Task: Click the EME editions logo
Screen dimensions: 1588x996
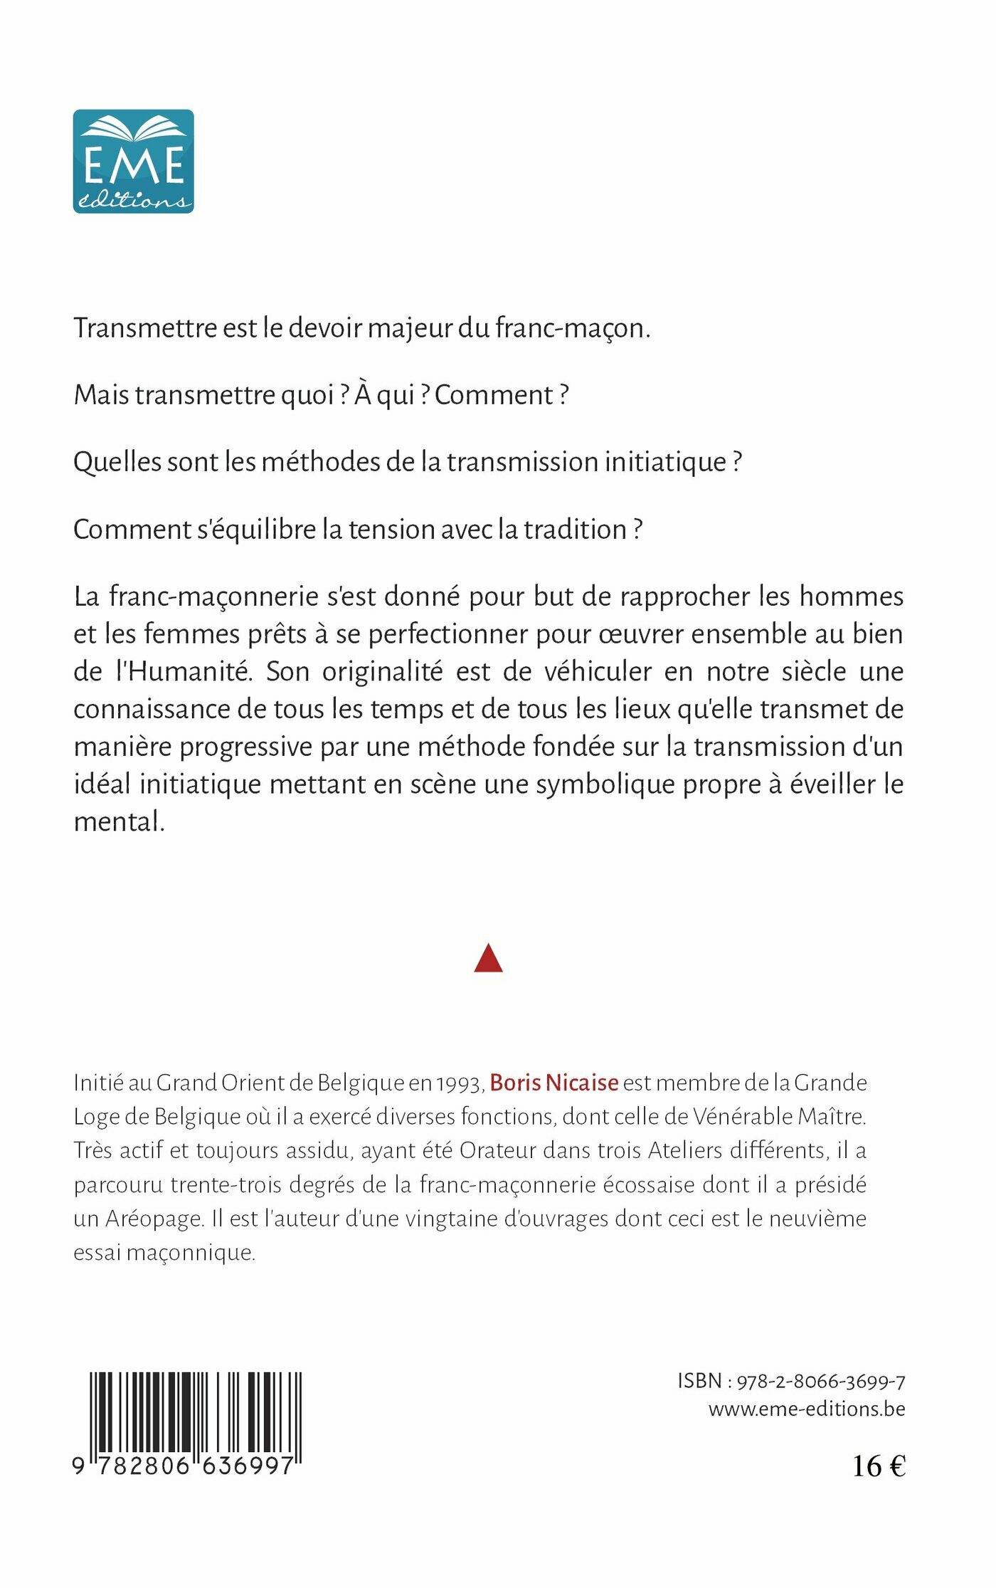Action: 133,161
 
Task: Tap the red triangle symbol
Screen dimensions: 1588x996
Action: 488,959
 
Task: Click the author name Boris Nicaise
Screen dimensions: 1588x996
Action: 553,1083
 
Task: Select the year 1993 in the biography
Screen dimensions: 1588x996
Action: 460,1083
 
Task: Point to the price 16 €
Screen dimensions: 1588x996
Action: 879,1466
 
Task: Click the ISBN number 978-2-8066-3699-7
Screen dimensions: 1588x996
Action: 820,1382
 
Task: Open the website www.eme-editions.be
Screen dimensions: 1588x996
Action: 807,1409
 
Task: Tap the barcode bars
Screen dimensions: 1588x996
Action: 195,1416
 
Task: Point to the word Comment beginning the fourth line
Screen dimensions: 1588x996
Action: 132,530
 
